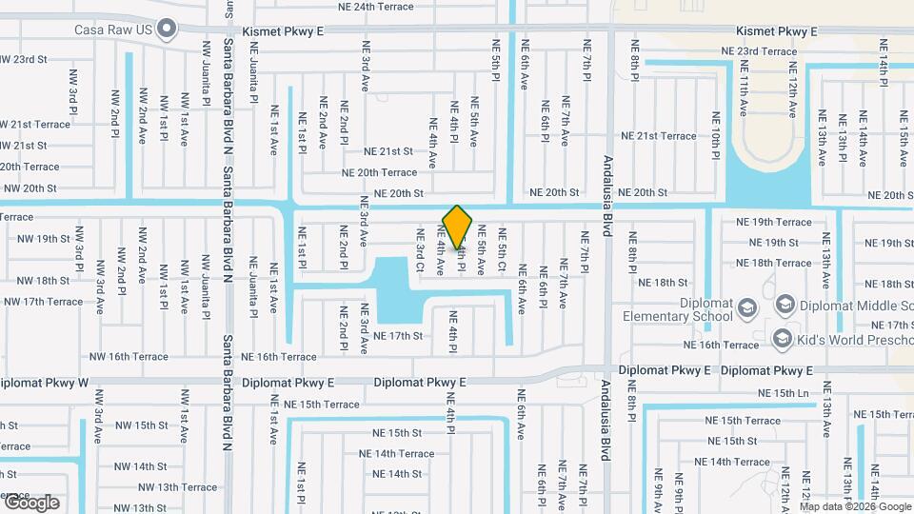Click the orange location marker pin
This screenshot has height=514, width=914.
(x=457, y=227)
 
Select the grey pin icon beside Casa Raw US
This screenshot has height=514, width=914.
(x=168, y=29)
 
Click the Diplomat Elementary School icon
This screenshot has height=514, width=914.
(x=747, y=306)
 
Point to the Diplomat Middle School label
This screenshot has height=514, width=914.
(x=849, y=303)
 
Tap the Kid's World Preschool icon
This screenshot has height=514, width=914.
(x=782, y=338)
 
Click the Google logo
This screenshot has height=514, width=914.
(x=30, y=502)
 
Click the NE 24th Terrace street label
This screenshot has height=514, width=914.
(x=369, y=7)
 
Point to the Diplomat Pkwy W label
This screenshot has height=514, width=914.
(x=43, y=383)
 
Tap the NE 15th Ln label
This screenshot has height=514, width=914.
(x=784, y=393)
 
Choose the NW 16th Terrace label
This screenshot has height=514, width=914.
(x=128, y=357)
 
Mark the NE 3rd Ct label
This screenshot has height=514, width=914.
(x=419, y=246)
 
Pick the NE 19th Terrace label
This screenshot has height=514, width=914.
(x=773, y=222)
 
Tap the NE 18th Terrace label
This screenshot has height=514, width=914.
(x=773, y=263)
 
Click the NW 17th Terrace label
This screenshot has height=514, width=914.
(x=43, y=302)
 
